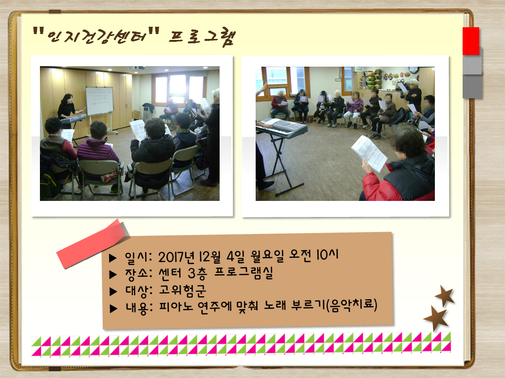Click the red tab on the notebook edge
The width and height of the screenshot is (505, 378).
coord(471,41)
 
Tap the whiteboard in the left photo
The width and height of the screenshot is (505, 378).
coord(99,101)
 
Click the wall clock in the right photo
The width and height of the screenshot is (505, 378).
coord(413,70)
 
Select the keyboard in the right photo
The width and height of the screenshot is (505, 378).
coord(281,128)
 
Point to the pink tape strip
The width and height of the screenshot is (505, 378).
coord(93,244)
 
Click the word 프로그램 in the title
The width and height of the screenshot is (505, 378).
coord(202,37)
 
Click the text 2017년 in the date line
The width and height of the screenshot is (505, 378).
coord(176,257)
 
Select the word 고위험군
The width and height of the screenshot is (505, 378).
coord(182,290)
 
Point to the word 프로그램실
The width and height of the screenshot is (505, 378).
coord(244,272)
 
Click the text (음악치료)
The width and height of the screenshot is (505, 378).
coord(351,305)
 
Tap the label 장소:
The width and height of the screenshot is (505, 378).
coord(138,274)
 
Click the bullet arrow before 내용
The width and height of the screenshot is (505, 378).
coord(113,309)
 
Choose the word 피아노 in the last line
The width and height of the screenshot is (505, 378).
coord(176,306)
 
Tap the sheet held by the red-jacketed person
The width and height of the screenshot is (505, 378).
coord(369,153)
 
